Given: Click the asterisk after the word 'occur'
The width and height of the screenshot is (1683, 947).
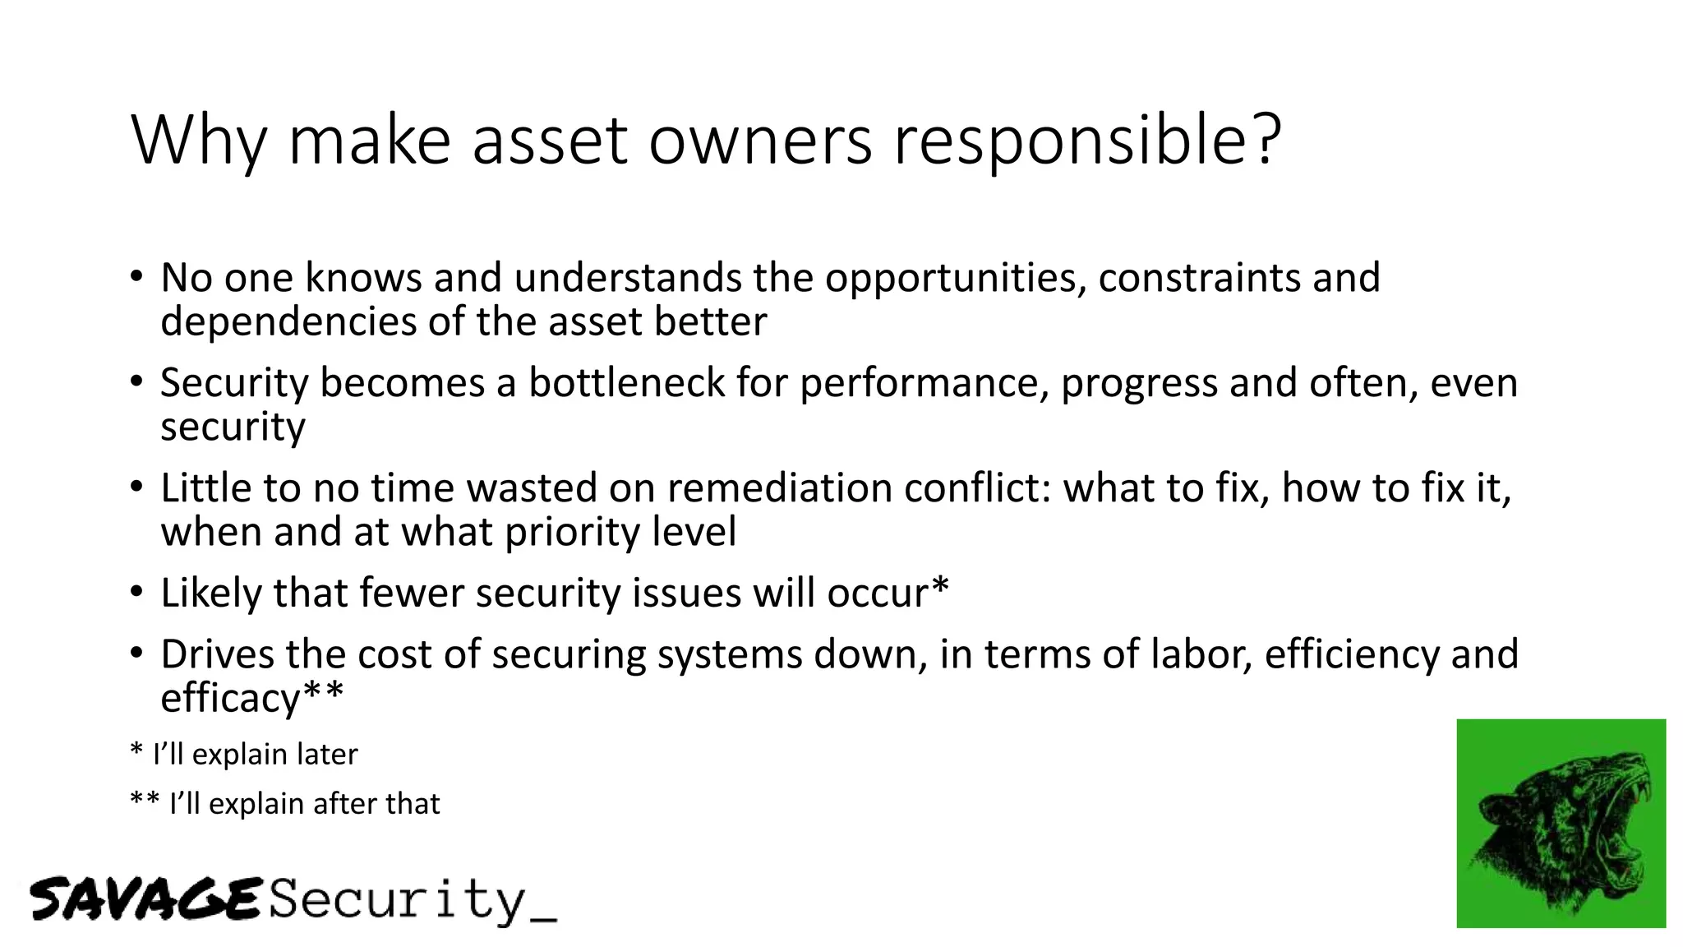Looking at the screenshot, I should coord(940,586).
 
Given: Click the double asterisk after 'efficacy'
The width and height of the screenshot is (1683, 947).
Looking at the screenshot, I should coord(323,692).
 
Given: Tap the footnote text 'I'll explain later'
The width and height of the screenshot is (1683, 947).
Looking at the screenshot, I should coord(255,755).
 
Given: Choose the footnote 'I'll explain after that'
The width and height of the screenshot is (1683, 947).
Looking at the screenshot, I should coord(304,804).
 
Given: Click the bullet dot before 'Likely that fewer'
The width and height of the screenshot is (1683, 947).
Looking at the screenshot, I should coord(136,591).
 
